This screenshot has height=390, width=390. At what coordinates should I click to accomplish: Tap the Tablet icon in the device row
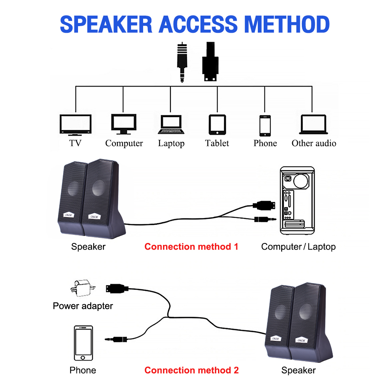(x=217, y=124)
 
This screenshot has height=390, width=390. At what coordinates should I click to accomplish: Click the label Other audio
(x=314, y=144)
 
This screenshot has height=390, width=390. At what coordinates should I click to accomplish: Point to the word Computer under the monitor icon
(x=124, y=144)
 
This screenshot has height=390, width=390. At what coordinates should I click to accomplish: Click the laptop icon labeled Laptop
(x=171, y=124)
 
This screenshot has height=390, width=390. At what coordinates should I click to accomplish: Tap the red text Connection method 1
(x=191, y=246)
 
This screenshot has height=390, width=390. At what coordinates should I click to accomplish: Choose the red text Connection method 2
(x=191, y=370)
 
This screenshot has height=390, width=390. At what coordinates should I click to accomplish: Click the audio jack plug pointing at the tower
(x=265, y=219)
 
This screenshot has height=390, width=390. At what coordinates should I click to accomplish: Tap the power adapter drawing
(x=83, y=288)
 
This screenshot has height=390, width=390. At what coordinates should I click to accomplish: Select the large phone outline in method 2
(x=83, y=344)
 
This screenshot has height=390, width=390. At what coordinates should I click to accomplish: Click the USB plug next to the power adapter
(x=116, y=289)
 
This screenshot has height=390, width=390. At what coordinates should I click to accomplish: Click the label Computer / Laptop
(x=298, y=246)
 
